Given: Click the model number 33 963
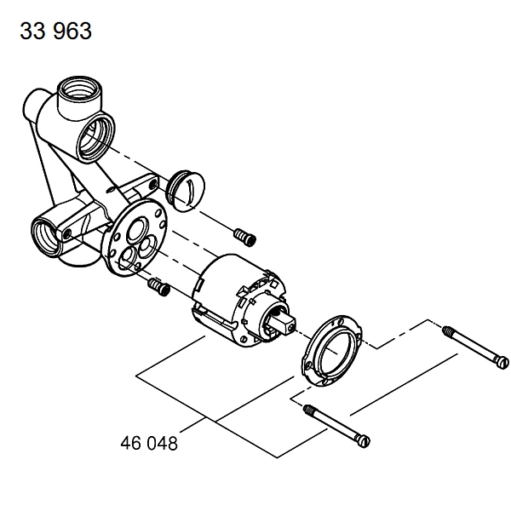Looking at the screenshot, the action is [x=55, y=31].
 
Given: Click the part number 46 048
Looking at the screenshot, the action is [x=149, y=443].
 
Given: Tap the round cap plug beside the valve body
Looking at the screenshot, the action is [x=186, y=191].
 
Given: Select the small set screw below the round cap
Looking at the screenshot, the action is [x=244, y=237].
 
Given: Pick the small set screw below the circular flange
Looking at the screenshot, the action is [x=159, y=286].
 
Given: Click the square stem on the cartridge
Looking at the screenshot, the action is [x=284, y=325].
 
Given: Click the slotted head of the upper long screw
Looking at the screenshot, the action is [x=502, y=363].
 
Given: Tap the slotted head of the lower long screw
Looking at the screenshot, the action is [x=364, y=441].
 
